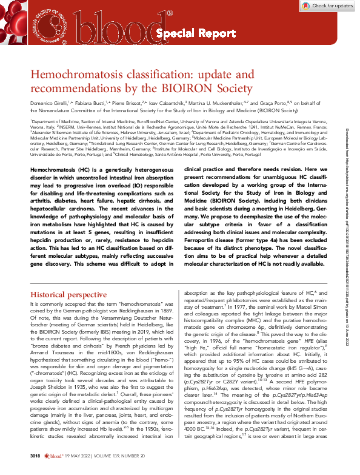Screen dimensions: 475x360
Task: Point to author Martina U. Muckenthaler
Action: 220,104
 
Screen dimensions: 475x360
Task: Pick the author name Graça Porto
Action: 270,104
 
